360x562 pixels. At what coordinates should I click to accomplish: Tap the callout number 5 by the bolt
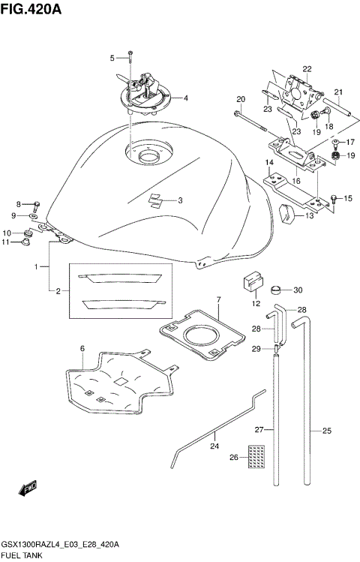(x=112, y=58)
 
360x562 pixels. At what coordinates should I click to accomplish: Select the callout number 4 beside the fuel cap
(x=186, y=98)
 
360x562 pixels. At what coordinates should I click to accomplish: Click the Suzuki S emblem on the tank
(x=155, y=200)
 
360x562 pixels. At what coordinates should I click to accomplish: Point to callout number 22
(x=307, y=69)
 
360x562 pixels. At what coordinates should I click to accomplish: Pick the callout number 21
(x=338, y=94)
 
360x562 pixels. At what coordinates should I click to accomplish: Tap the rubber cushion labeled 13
(x=286, y=213)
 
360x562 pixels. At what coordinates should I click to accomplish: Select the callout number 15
(x=348, y=198)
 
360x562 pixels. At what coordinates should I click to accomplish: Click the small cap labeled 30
(x=277, y=290)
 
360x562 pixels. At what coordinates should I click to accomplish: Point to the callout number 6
(x=82, y=347)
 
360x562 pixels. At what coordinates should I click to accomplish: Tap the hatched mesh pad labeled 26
(x=257, y=455)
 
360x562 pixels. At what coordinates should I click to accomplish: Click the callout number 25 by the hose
(x=327, y=431)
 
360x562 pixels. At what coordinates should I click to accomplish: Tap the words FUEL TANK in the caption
(x=22, y=556)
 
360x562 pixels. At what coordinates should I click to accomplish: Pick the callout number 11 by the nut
(x=6, y=242)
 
